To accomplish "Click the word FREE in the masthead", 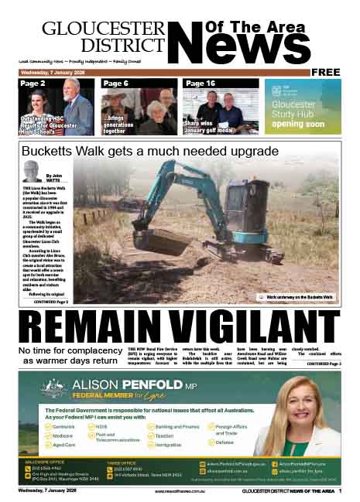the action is point(325,72).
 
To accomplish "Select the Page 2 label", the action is point(33,83).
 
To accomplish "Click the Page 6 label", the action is point(115,83).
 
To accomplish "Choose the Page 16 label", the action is point(201,83).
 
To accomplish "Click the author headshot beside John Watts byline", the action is point(33,171).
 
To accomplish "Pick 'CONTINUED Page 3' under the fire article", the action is point(323,363).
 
